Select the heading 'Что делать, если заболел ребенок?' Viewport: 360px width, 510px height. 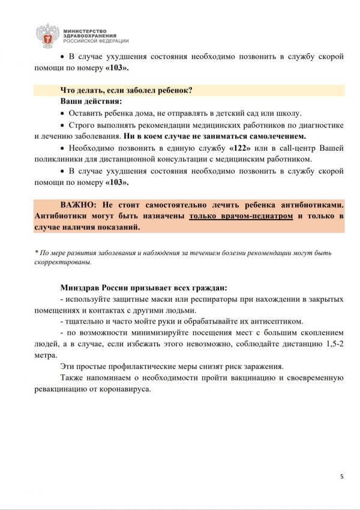[126, 91]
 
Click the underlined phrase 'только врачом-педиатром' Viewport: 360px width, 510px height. [241, 215]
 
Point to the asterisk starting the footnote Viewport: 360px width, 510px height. [37, 253]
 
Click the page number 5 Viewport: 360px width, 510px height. [341, 477]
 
